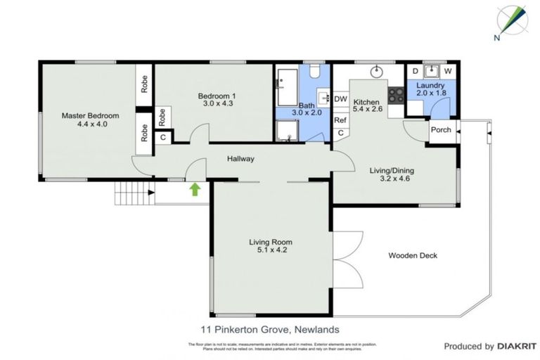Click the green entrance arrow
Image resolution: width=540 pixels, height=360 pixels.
click(x=195, y=188)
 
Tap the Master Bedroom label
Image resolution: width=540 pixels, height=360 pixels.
click(x=89, y=115)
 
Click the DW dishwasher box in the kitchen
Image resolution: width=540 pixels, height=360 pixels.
click(x=341, y=100)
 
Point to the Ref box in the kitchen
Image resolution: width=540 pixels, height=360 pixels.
click(x=340, y=120)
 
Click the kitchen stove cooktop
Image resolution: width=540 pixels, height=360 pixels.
click(x=396, y=94)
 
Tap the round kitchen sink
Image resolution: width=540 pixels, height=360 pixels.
click(x=375, y=70)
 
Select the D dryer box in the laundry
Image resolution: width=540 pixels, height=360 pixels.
click(x=415, y=71)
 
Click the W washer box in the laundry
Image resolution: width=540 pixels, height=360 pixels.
click(x=447, y=71)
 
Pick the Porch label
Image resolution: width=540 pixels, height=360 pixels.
click(x=441, y=129)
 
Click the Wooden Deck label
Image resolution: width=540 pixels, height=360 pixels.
click(x=413, y=255)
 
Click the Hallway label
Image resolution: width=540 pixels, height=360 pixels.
click(x=240, y=159)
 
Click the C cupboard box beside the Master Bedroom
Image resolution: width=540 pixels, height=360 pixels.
click(x=162, y=137)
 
